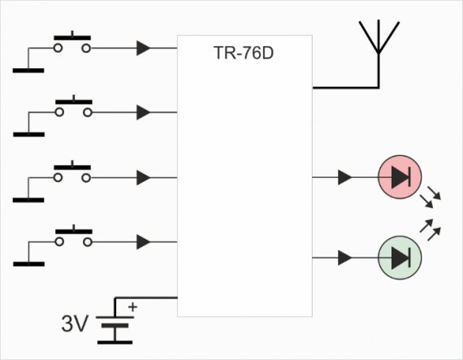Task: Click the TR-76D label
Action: click(244, 53)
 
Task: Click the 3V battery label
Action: click(75, 323)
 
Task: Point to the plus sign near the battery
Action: click(132, 307)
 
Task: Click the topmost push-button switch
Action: click(72, 42)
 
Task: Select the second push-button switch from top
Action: click(74, 106)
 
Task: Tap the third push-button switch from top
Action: click(72, 171)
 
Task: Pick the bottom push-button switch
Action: click(74, 236)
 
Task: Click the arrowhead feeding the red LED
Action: click(344, 177)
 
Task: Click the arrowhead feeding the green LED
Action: click(344, 258)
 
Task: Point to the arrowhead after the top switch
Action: click(143, 48)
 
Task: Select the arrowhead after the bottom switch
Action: click(143, 242)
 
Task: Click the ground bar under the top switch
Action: click(28, 70)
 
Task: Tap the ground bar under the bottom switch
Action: click(29, 264)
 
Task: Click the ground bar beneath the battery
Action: click(115, 342)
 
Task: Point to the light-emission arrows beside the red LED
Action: click(431, 197)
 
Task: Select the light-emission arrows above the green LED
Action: click(431, 229)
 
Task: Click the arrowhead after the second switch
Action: click(143, 112)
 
